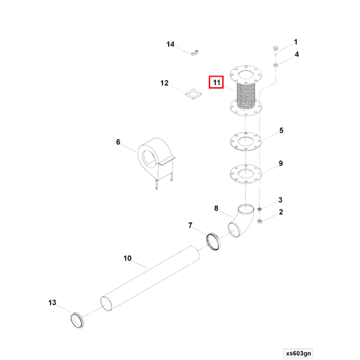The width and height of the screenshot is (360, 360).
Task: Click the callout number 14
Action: coord(170,44)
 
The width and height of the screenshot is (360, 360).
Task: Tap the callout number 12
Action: coord(164,83)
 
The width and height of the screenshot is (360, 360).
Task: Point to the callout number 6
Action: coord(118,142)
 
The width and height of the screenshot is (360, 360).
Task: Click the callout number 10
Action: coord(127,258)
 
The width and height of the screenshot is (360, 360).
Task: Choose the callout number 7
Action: coord(190,225)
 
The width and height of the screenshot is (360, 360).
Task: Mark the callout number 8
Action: coord(217,208)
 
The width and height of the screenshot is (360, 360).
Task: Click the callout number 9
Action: coord(281,163)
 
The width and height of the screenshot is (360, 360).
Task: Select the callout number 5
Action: coord(281,131)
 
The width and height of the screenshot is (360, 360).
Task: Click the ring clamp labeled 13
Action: coord(77,321)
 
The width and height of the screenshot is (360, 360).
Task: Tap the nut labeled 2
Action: coord(260,222)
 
